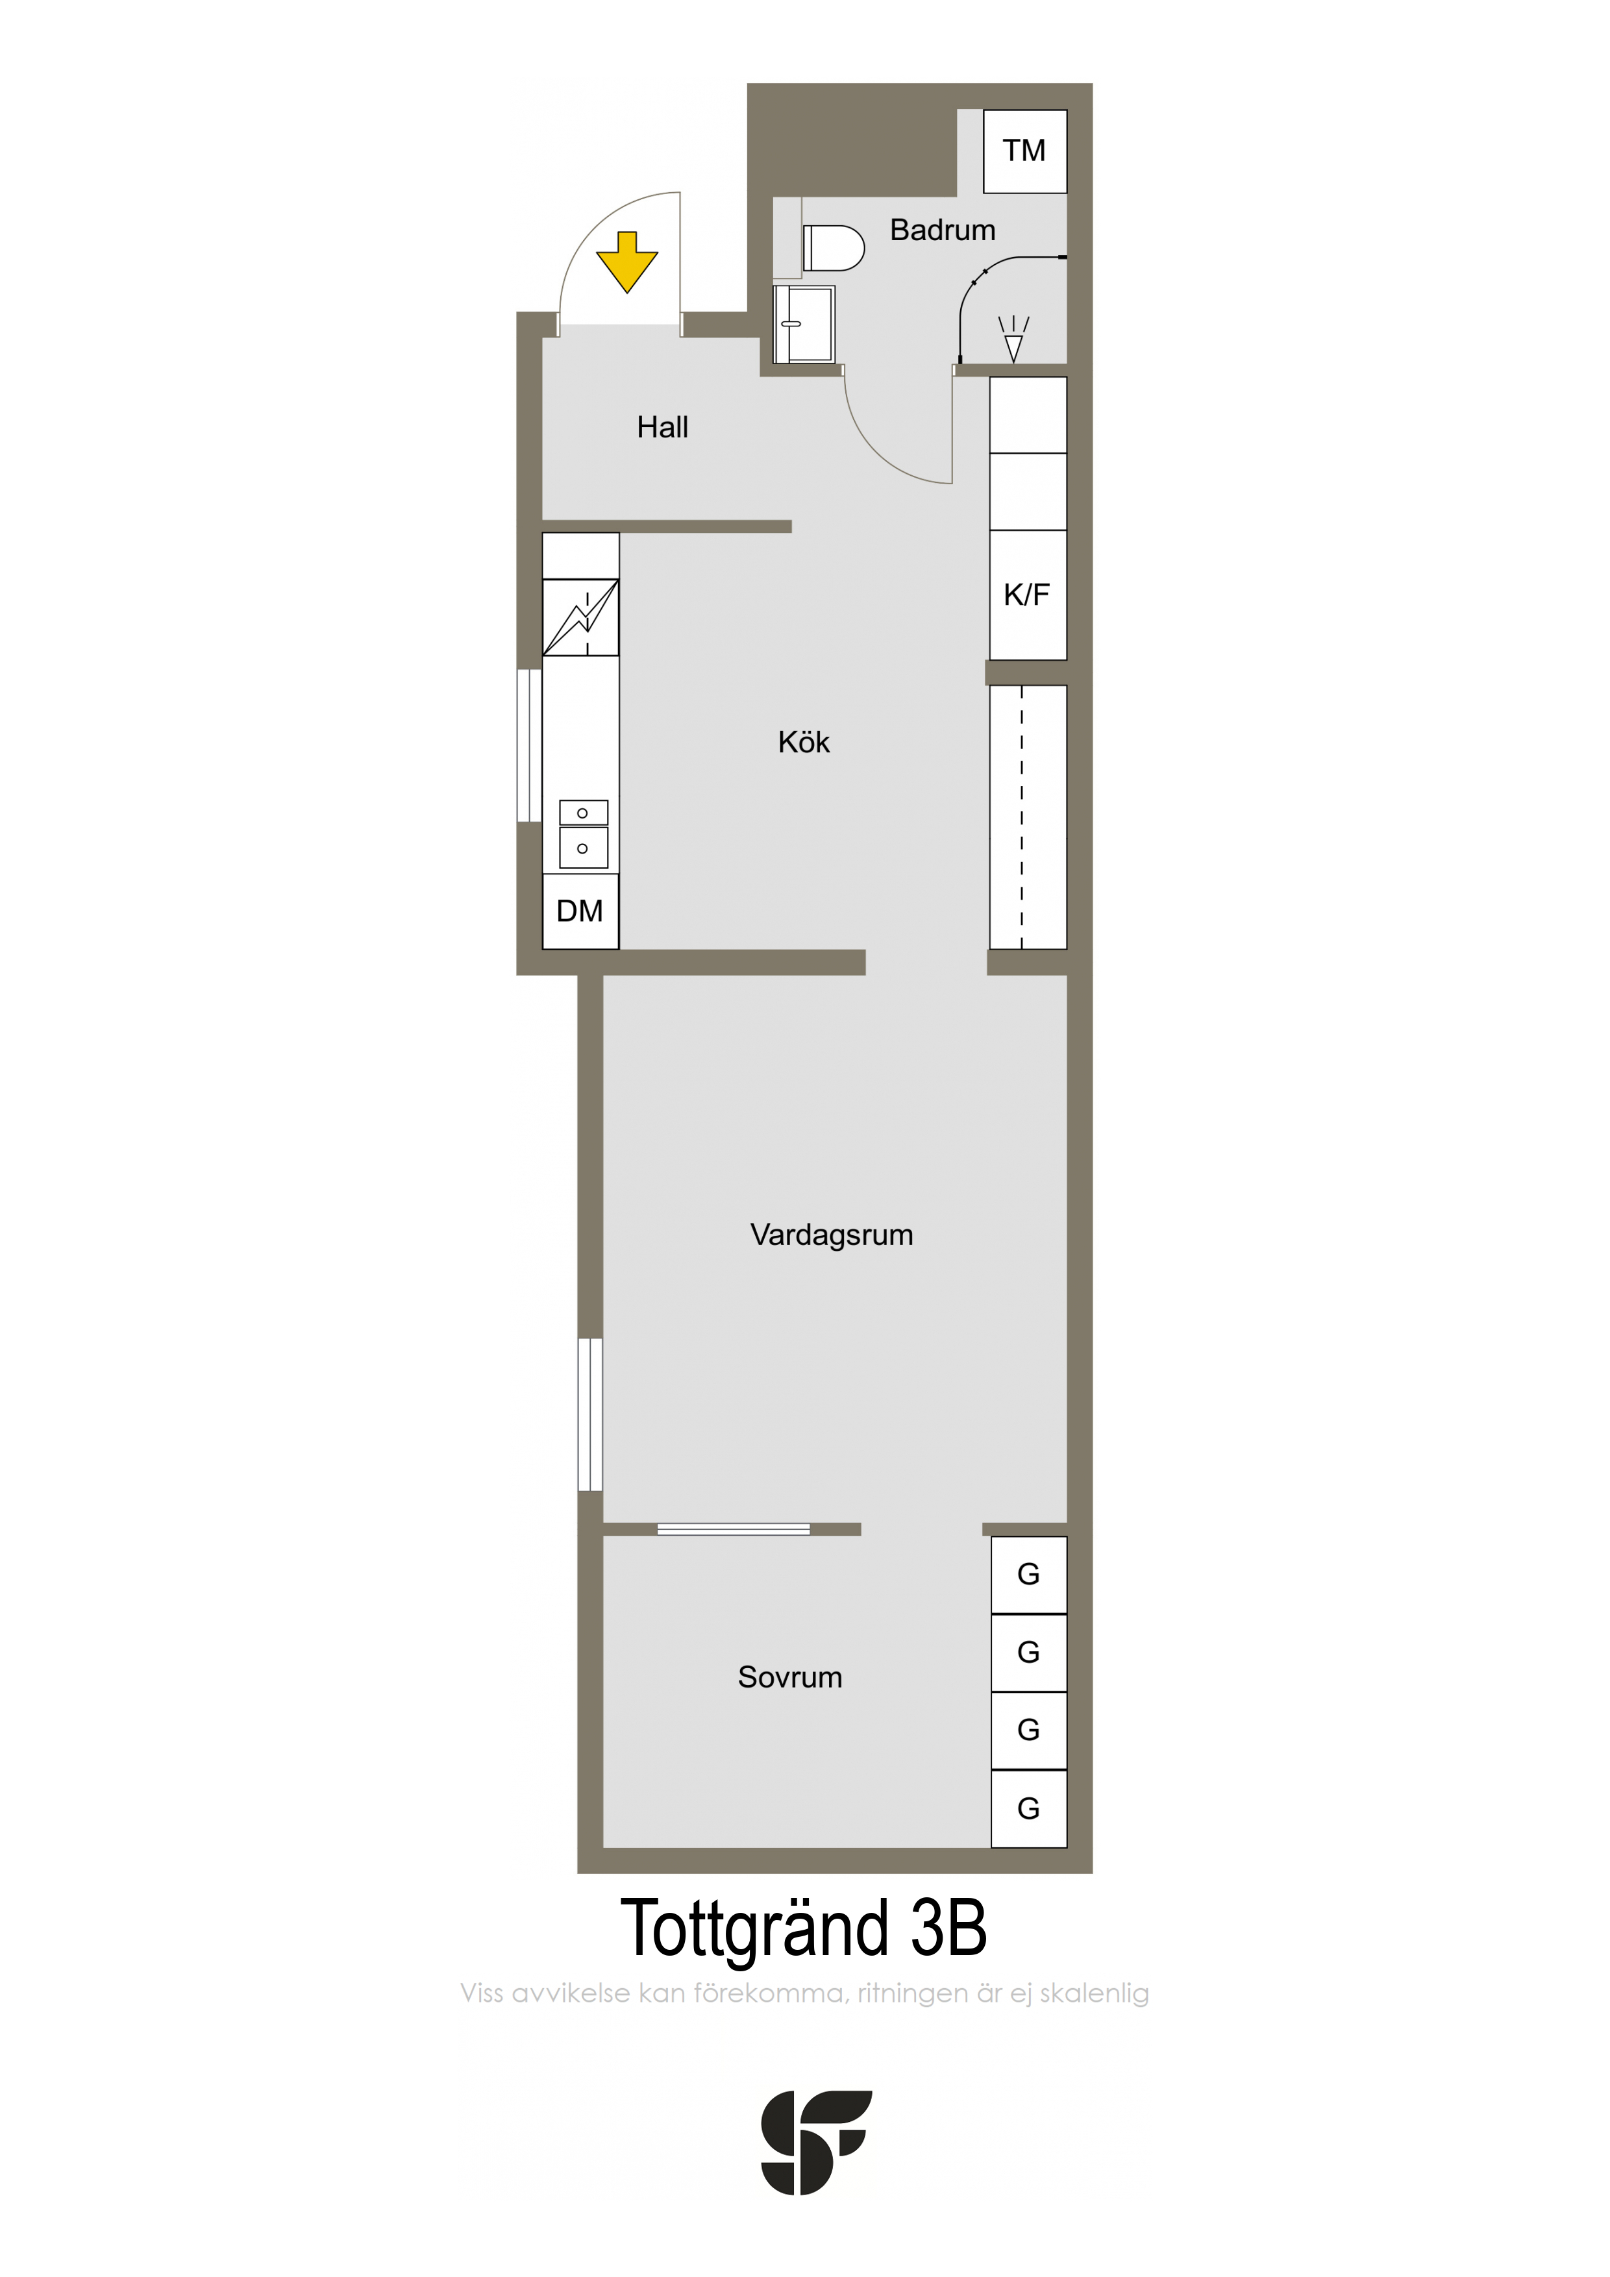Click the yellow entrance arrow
[x=627, y=262]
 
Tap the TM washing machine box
[x=1024, y=151]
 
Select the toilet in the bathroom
[x=834, y=248]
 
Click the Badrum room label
[x=943, y=230]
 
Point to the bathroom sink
[x=804, y=325]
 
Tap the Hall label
[x=663, y=428]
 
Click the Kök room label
[x=804, y=742]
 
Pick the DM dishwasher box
[x=580, y=911]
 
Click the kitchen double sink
[x=583, y=833]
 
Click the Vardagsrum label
[x=831, y=1235]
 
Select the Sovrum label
[x=789, y=1677]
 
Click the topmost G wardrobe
[x=1029, y=1575]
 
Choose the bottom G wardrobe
[x=1029, y=1809]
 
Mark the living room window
[x=590, y=1414]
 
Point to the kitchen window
[x=528, y=746]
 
